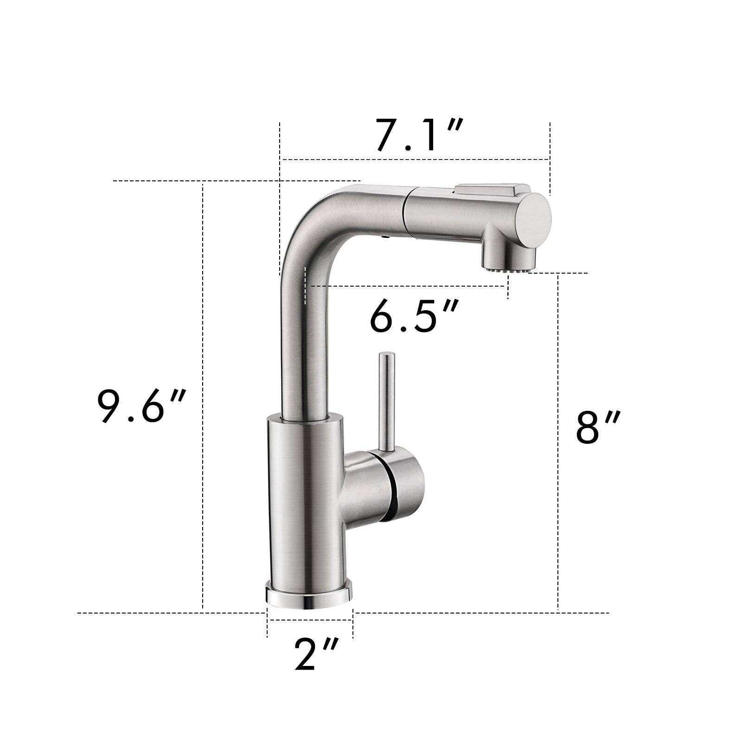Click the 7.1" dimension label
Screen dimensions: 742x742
click(x=418, y=135)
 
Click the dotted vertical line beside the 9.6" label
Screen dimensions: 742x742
click(x=203, y=325)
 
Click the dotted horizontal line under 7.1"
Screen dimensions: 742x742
click(x=417, y=160)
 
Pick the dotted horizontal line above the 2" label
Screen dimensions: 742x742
click(x=310, y=619)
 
